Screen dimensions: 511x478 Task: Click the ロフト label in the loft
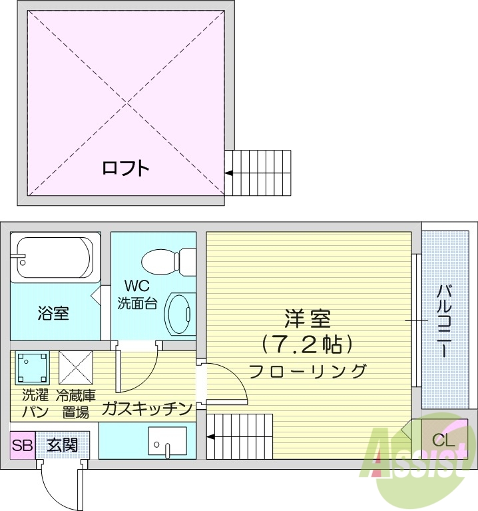point(125,168)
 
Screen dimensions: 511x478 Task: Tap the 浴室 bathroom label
point(53,312)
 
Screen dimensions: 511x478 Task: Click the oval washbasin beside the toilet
point(178,312)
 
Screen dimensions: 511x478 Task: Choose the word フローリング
point(308,371)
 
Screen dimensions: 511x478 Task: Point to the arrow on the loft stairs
point(229,173)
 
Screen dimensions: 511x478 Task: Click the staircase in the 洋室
point(240,436)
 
